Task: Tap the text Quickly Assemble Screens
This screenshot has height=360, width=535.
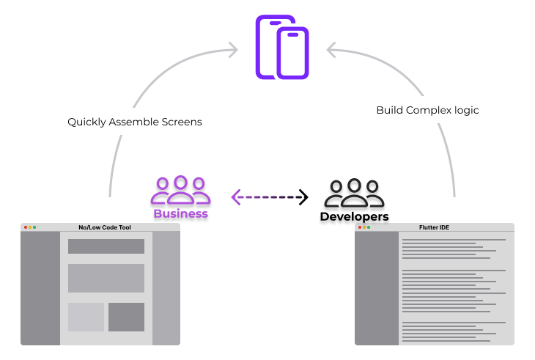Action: [135, 122]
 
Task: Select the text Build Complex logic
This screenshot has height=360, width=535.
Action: [427, 110]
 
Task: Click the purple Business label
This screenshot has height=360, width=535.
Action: [180, 214]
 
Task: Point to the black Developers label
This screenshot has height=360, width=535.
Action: [355, 217]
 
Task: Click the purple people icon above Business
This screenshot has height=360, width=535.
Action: [180, 190]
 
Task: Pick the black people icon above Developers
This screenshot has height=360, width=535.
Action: [355, 193]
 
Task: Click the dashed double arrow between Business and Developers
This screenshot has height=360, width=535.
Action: [269, 196]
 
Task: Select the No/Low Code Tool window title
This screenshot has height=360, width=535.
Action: [105, 227]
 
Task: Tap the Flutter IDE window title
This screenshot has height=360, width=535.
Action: [435, 227]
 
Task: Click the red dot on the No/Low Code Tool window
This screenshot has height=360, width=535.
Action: [26, 227]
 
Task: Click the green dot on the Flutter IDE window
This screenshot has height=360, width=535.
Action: [369, 227]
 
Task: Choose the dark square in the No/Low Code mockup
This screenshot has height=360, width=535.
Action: [126, 317]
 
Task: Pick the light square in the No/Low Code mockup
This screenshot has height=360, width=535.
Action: [86, 317]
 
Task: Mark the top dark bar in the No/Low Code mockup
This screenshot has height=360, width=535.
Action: [106, 246]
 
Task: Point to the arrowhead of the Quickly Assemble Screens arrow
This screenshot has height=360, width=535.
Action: [233, 50]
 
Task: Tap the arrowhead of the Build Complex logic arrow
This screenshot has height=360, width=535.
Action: [331, 50]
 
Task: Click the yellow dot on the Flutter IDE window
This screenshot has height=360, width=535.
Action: [364, 227]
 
